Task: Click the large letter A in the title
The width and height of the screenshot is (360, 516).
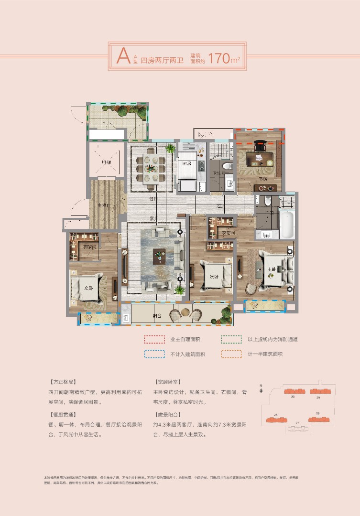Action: [124, 56]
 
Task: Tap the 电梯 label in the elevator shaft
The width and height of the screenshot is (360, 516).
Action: [106, 161]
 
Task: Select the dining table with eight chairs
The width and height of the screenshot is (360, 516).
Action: [153, 168]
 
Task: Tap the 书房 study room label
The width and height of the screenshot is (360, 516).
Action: [262, 179]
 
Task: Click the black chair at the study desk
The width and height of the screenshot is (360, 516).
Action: [260, 144]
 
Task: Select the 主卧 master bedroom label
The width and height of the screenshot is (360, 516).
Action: [271, 269]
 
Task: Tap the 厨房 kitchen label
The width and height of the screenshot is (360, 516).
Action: [187, 163]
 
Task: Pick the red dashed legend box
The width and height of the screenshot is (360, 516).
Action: [154, 339]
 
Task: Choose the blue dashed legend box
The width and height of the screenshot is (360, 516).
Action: [154, 354]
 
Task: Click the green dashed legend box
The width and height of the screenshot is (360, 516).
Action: [232, 339]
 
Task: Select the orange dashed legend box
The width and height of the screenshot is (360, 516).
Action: [232, 354]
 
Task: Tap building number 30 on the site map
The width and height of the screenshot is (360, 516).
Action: [292, 397]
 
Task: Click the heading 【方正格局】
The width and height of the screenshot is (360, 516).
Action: [62, 383]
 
